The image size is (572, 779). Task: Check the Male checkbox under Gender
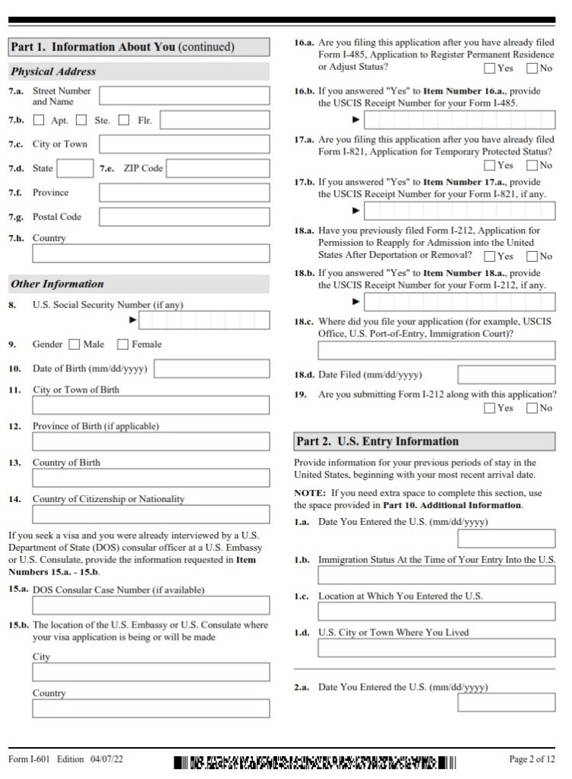(x=74, y=345)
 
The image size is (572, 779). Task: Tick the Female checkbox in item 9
(x=123, y=345)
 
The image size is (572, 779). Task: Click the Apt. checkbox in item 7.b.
(x=39, y=120)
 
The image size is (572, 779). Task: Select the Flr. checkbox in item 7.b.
(x=124, y=120)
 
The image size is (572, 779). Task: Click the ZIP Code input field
(x=218, y=168)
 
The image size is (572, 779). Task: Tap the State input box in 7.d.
(x=75, y=168)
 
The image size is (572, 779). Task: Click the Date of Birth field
(x=212, y=369)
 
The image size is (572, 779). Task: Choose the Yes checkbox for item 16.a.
(x=489, y=68)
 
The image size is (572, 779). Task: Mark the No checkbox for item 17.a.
(x=532, y=165)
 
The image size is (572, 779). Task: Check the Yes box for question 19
(x=489, y=409)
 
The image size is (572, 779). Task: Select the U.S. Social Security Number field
(x=206, y=320)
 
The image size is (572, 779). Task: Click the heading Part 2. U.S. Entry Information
(x=378, y=441)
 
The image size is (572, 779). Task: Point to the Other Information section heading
(x=58, y=284)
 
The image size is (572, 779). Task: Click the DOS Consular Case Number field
(x=151, y=606)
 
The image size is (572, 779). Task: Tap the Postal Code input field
(x=184, y=217)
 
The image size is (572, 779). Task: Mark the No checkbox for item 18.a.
(x=532, y=256)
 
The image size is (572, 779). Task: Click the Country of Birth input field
(x=151, y=478)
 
